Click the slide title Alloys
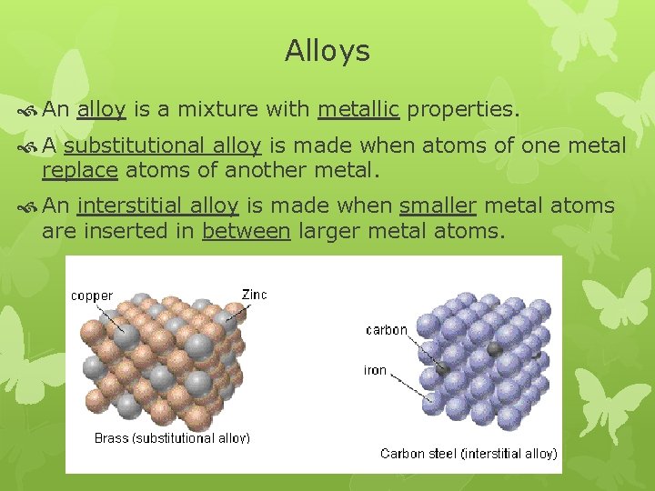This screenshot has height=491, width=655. (327, 51)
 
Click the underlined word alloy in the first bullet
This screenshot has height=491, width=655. (101, 110)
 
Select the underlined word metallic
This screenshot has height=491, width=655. (358, 110)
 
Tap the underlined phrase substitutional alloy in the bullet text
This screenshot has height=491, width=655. (163, 145)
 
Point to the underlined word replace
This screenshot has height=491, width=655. (79, 170)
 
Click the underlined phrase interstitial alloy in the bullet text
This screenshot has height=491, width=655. (158, 206)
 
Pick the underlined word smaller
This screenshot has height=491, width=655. (438, 206)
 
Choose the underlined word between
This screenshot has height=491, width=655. (246, 231)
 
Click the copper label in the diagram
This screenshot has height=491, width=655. (92, 296)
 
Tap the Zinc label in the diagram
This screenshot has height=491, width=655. (254, 295)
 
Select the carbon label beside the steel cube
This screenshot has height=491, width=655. (387, 330)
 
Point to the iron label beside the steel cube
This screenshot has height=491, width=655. (376, 370)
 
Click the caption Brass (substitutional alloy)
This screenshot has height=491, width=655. (172, 438)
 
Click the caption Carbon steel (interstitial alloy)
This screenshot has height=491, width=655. (468, 453)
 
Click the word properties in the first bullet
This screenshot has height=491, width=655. (462, 110)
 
